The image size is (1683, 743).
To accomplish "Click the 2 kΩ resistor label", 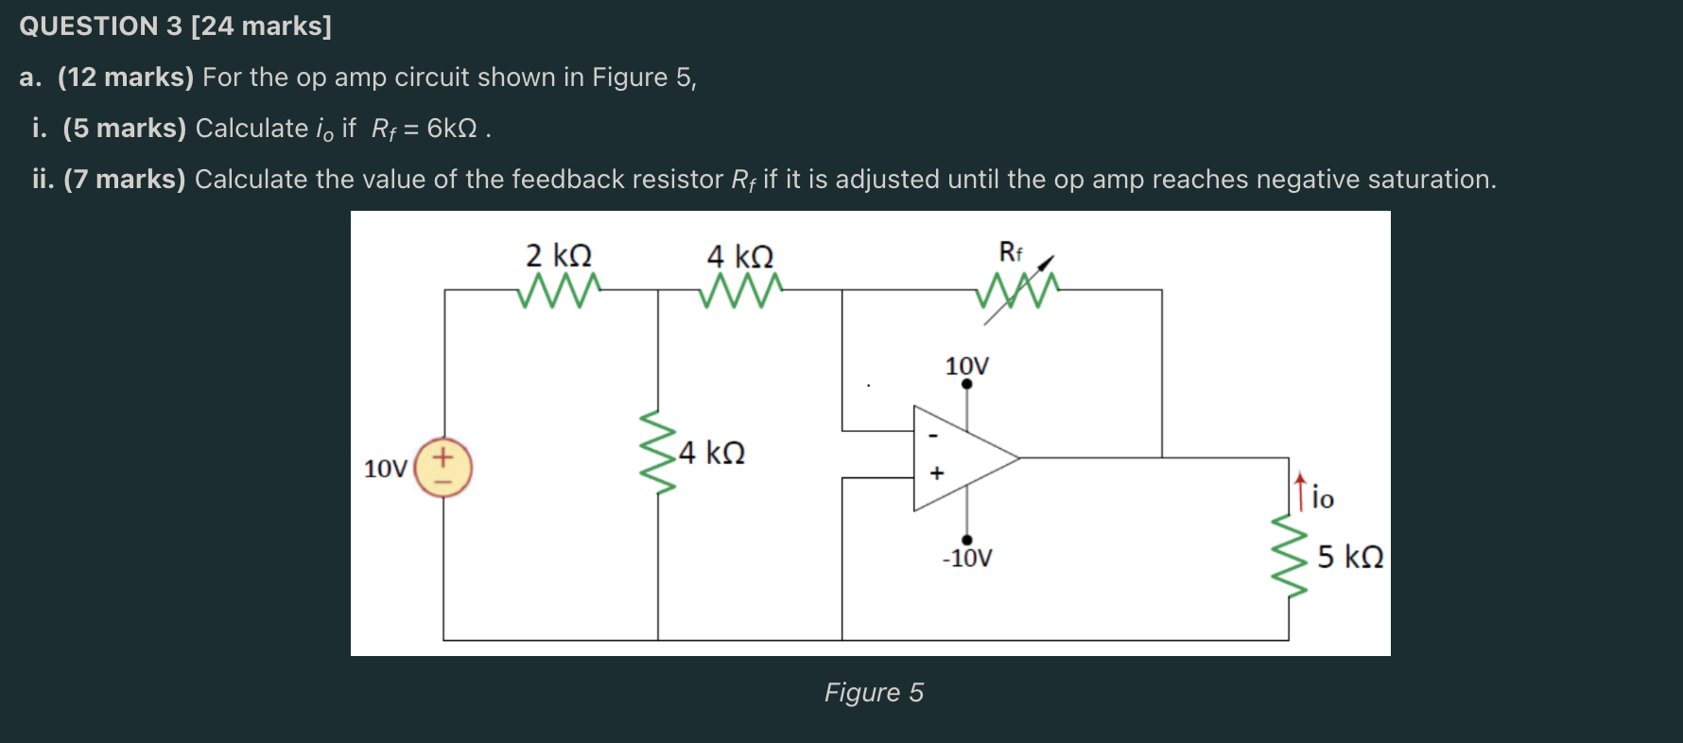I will coord(559,255).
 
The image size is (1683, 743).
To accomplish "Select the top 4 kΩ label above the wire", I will coord(740,256).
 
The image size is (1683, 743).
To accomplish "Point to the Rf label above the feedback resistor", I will coord(1010,252).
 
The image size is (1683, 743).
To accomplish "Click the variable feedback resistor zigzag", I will coord(1017,290).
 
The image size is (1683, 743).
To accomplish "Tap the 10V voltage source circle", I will coord(443,468).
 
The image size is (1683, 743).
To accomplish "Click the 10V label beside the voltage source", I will coord(385,469).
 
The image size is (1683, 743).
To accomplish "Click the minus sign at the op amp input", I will coord(933,436).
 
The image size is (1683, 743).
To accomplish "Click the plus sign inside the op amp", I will coord(937,473).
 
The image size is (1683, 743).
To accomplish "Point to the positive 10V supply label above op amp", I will coord(966,366).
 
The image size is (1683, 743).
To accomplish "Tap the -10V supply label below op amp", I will coord(966,558).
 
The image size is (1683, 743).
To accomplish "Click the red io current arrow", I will coord(1301,490).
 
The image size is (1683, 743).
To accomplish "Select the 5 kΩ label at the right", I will coord(1350,557).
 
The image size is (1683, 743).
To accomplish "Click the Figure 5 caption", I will coord(874,692).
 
